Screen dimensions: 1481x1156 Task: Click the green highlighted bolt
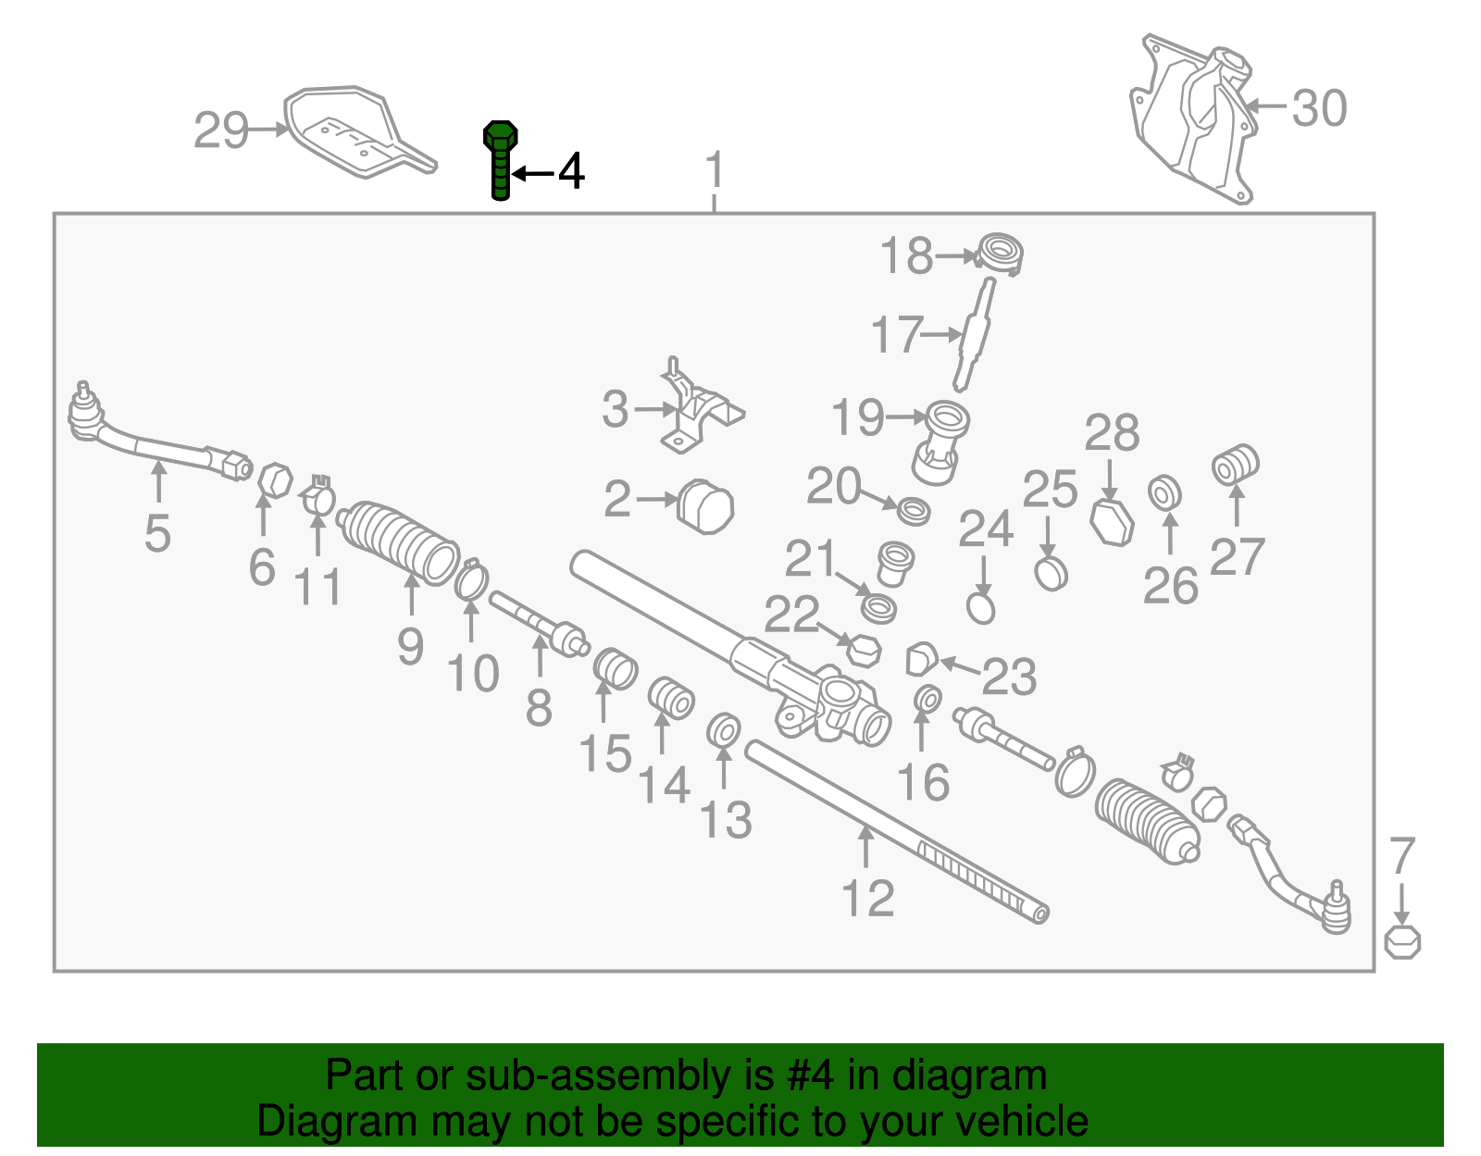tap(500, 161)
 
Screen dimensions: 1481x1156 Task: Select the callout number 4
tap(571, 171)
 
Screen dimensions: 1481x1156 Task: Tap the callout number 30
tap(1319, 108)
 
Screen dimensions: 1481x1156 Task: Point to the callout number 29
tap(221, 131)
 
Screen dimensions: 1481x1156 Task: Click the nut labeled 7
tap(1402, 943)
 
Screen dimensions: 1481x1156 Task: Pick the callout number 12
tap(867, 899)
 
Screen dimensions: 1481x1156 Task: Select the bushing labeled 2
tap(705, 507)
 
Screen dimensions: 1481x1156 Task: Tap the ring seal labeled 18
tap(999, 255)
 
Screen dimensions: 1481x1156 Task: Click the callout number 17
tap(898, 334)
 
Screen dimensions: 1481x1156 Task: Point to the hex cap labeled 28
tap(1112, 523)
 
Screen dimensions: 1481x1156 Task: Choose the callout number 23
tap(1009, 677)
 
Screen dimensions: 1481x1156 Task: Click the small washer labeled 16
tap(927, 699)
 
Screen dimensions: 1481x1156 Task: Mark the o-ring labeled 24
tap(981, 608)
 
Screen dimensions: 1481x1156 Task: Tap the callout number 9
tap(410, 646)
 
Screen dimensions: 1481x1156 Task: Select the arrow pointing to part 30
tap(1265, 106)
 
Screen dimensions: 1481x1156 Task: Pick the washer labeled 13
tap(724, 730)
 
